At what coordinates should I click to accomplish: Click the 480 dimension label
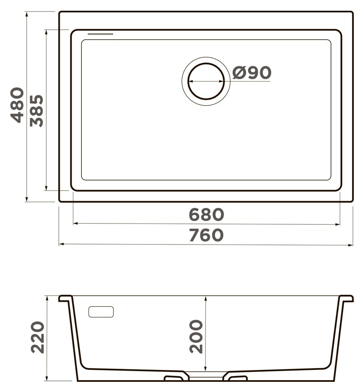pyautogui.click(x=17, y=105)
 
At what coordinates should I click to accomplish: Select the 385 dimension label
pyautogui.click(x=37, y=111)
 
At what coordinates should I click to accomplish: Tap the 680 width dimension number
pyautogui.click(x=206, y=214)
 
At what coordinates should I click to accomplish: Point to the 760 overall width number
pyautogui.click(x=206, y=235)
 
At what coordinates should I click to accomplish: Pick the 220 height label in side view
pyautogui.click(x=37, y=337)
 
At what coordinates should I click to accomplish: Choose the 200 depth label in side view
pyautogui.click(x=196, y=336)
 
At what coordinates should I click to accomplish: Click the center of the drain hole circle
pyautogui.click(x=206, y=81)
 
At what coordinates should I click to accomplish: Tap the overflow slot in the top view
pyautogui.click(x=101, y=34)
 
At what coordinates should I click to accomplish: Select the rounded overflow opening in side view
pyautogui.click(x=101, y=312)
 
